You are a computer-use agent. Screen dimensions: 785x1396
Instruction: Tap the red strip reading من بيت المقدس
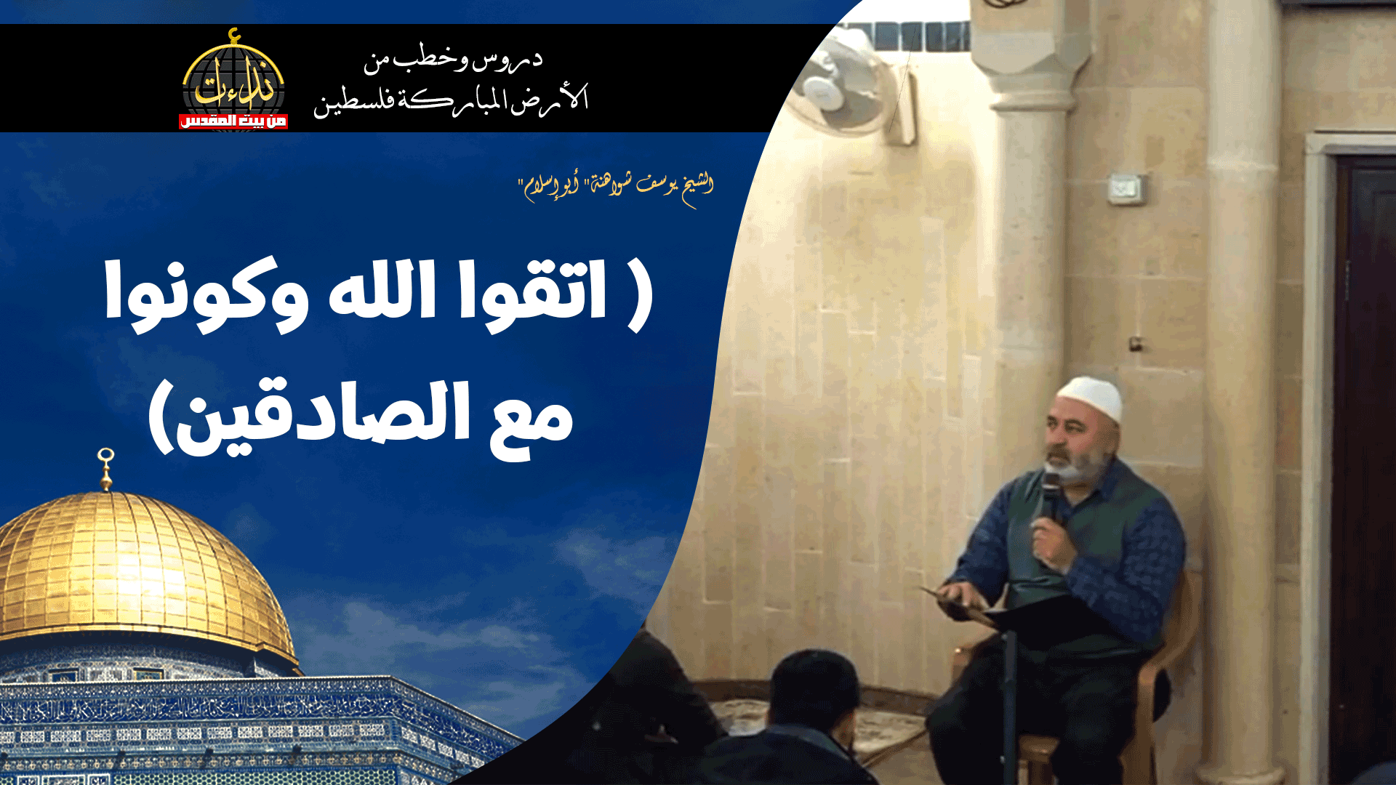click(233, 121)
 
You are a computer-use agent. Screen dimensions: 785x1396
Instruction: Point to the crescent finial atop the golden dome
click(106, 465)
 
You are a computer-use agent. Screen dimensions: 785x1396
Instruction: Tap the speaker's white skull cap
click(1091, 396)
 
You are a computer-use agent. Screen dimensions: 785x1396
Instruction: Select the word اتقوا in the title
click(534, 291)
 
